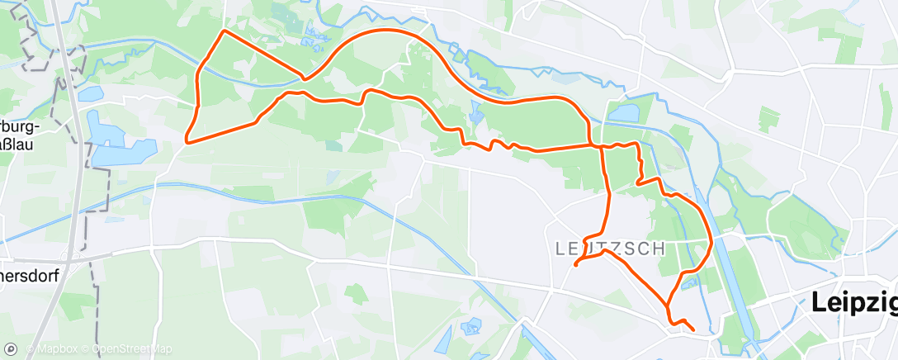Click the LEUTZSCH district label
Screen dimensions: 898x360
tap(610, 248)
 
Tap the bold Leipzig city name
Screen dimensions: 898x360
tap(854, 302)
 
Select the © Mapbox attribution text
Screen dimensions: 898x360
tap(54, 349)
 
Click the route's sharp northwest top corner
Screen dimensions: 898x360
tap(224, 31)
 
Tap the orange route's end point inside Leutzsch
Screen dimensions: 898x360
tap(574, 265)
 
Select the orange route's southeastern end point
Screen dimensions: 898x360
tap(692, 330)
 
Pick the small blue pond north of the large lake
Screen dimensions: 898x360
tap(90, 93)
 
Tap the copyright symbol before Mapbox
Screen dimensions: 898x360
tap(31, 349)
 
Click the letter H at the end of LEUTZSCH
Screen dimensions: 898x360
tap(660, 248)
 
